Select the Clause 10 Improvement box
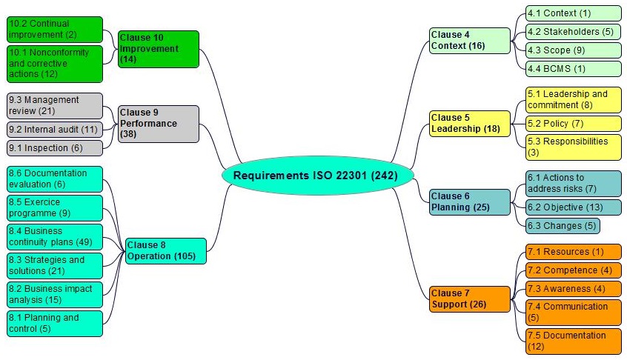coord(158,49)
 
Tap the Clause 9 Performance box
coord(158,124)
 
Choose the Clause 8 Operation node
coord(165,250)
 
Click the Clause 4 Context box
coord(469,40)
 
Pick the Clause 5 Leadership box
coord(470,123)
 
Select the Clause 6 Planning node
coord(470,201)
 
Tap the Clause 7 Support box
coord(470,299)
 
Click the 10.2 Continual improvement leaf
coord(54,29)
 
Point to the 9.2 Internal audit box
coord(54,130)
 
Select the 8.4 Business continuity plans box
coord(54,236)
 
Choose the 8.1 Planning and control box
coord(54,323)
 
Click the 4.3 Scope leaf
coord(573,50)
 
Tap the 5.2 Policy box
coord(573,123)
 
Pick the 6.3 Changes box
coord(562,225)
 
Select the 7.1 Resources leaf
coord(573,252)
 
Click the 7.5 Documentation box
coord(573,341)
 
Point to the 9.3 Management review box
coord(54,105)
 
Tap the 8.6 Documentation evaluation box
coord(54,179)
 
